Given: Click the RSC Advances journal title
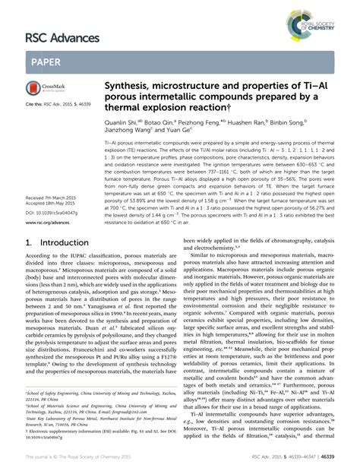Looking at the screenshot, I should (63, 38).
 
